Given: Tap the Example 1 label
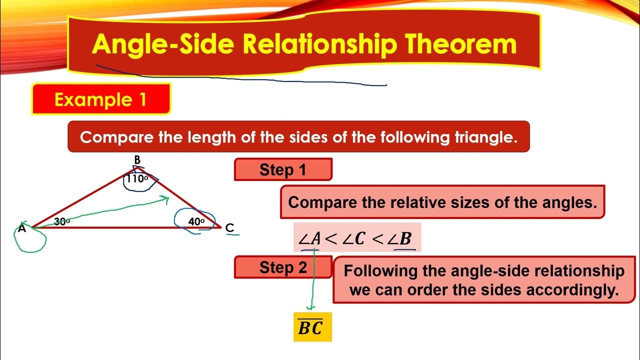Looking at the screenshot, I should pos(100,99).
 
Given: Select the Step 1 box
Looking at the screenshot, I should pos(282,169).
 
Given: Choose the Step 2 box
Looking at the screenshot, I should pos(283,267).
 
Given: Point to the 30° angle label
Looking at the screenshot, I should pos(62,222).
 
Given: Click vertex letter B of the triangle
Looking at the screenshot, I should pos(137,160).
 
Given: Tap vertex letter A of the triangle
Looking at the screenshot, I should pos(21,229).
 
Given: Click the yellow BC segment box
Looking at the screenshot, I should pos(312,327).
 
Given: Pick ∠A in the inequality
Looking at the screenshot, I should pos(309,238).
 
